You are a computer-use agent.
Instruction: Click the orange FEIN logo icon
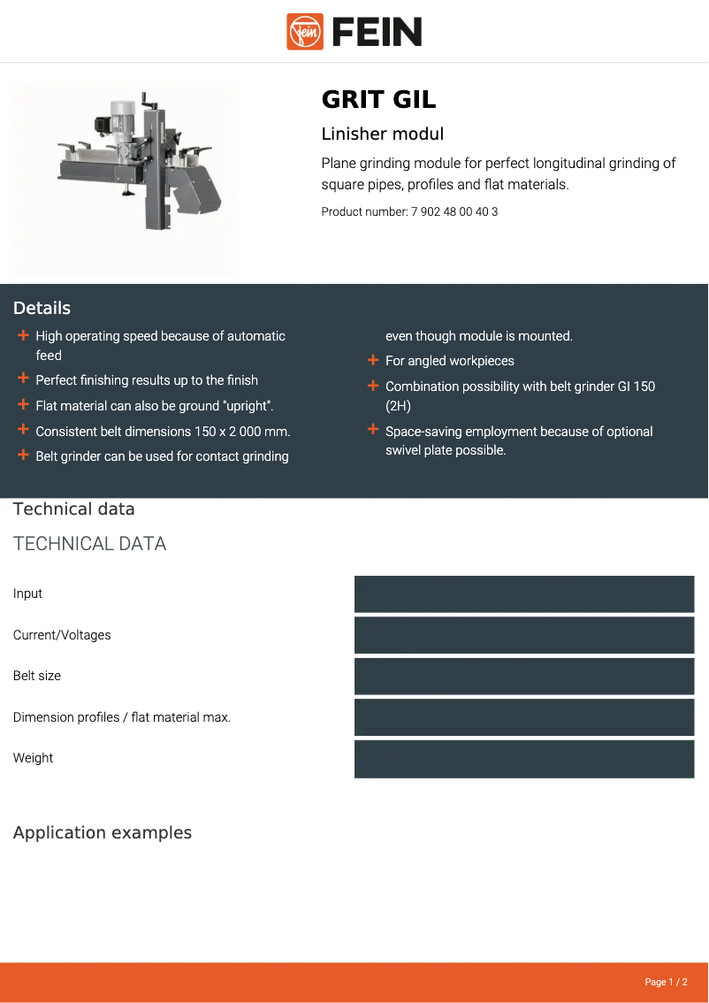tap(305, 32)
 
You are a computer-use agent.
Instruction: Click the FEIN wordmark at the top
tap(377, 32)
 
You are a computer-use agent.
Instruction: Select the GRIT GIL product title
tap(378, 99)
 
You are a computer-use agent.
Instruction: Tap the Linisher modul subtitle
tap(382, 134)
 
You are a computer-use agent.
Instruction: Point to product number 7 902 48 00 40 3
tap(454, 212)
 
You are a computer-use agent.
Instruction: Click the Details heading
tap(42, 308)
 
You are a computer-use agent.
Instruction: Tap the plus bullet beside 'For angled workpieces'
tap(373, 360)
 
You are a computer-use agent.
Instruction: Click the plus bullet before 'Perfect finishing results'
tap(23, 379)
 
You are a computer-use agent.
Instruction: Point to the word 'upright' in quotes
tap(247, 406)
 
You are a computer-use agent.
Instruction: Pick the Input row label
tap(27, 593)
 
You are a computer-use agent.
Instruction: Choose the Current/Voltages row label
tap(62, 635)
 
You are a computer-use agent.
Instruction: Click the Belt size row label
tap(37, 676)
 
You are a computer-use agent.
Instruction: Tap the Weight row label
tap(33, 758)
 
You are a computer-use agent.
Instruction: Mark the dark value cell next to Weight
tap(524, 759)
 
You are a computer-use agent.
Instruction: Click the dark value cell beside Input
tap(524, 594)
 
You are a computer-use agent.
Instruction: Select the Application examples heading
tap(103, 833)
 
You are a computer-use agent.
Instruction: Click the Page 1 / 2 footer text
tap(666, 982)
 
